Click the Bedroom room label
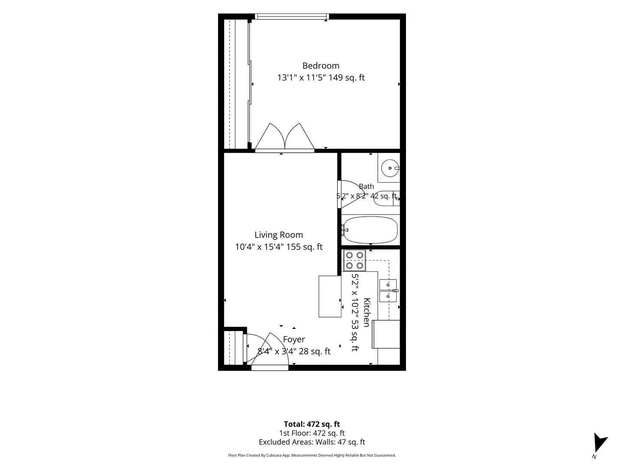[x=321, y=65]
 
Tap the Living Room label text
[x=279, y=235]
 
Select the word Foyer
[x=294, y=339]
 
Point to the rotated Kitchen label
[x=367, y=312]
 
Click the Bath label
[x=366, y=186]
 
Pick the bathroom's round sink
[x=390, y=168]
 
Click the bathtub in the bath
[x=370, y=230]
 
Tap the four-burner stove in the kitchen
[x=354, y=260]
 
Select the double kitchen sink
[x=388, y=290]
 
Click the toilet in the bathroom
[x=387, y=198]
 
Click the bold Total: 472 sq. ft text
[x=312, y=424]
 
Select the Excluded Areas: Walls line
[x=312, y=442]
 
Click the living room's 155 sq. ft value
[x=304, y=247]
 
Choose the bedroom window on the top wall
[x=292, y=16]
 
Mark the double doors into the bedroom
[x=285, y=136]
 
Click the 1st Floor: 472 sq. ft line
[x=312, y=433]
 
